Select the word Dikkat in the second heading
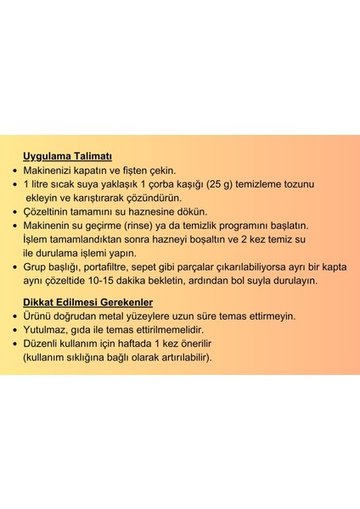pyautogui.click(x=40, y=302)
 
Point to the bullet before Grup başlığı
pyautogui.click(x=14, y=266)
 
